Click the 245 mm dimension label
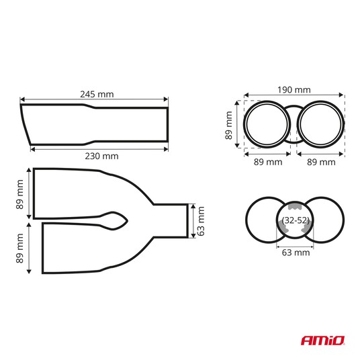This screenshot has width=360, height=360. (x=97, y=94)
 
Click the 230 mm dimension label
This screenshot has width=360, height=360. (x=101, y=156)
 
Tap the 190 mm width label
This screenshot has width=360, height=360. (x=294, y=90)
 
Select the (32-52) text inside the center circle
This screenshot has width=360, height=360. (x=296, y=220)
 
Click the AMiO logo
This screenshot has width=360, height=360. (x=323, y=341)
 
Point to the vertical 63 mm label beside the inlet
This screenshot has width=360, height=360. (x=201, y=221)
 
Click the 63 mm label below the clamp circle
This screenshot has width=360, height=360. (x=296, y=253)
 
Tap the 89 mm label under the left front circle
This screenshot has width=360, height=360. (x=268, y=162)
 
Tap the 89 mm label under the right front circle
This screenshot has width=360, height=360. (x=321, y=162)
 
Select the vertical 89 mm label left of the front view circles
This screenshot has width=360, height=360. (x=228, y=126)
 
